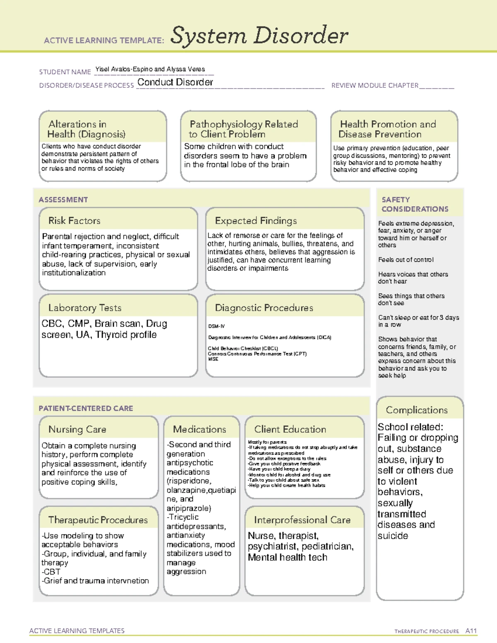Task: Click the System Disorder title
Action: pyautogui.click(x=259, y=36)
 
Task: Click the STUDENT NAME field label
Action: pyautogui.click(x=65, y=72)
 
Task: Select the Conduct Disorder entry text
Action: pyautogui.click(x=175, y=82)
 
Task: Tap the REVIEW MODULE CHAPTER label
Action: pyautogui.click(x=375, y=86)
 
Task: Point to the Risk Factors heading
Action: pyautogui.click(x=75, y=221)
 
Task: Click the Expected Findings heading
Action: pyautogui.click(x=256, y=221)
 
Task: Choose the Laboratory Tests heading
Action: pyautogui.click(x=85, y=308)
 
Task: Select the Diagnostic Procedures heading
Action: pyautogui.click(x=264, y=308)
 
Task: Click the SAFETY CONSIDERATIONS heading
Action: pyautogui.click(x=415, y=205)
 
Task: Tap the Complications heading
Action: pyautogui.click(x=417, y=410)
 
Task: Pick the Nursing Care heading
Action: pyautogui.click(x=77, y=429)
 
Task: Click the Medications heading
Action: pyautogui.click(x=200, y=429)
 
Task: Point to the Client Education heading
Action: pyautogui.click(x=290, y=429)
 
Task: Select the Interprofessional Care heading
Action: pyautogui.click(x=302, y=520)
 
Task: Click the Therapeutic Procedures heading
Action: pyautogui.click(x=98, y=520)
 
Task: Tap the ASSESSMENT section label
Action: pyautogui.click(x=63, y=200)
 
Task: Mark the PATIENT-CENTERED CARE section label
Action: pyautogui.click(x=86, y=408)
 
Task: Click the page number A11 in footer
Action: pyautogui.click(x=471, y=631)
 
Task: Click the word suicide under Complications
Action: pyautogui.click(x=393, y=536)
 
